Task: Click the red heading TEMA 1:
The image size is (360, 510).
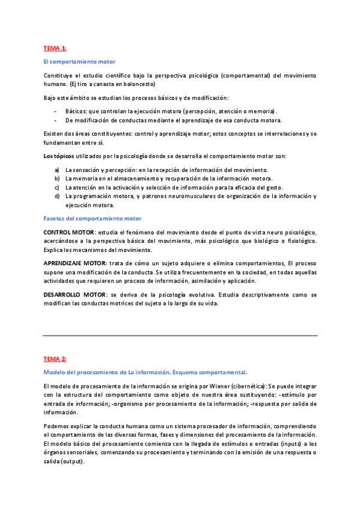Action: click(55, 48)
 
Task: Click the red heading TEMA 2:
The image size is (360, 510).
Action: click(55, 358)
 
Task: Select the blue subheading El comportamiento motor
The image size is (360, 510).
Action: click(79, 61)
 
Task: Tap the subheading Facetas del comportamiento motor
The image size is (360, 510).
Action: click(93, 218)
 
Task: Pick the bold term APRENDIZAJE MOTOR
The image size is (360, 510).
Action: click(75, 263)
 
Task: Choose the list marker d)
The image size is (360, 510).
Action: click(57, 196)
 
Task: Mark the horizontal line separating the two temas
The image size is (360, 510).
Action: click(180, 335)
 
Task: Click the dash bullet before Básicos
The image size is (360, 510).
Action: click(56, 111)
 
